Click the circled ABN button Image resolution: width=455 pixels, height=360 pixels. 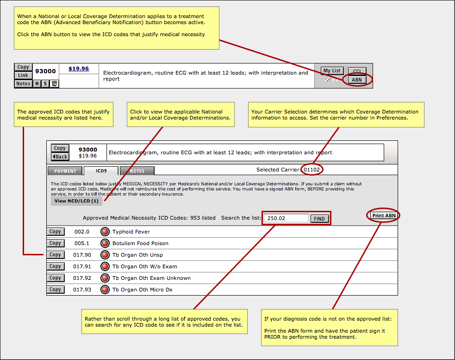[x=357, y=80]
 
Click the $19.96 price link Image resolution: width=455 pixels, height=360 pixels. [x=79, y=69]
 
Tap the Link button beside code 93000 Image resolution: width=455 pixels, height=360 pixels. [x=23, y=75]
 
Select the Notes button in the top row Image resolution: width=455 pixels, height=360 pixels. [x=23, y=84]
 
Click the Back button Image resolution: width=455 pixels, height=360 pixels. [x=60, y=157]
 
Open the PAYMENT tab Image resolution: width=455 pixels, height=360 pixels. [x=65, y=171]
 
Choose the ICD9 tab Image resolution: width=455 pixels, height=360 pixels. [x=101, y=171]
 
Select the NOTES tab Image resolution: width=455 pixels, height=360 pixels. [x=137, y=171]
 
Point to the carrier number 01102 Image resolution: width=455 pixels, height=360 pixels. [x=312, y=170]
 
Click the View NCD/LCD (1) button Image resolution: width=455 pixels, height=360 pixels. [x=77, y=201]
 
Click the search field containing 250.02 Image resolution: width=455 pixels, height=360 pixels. [x=286, y=218]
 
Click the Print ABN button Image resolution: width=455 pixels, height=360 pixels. [x=384, y=215]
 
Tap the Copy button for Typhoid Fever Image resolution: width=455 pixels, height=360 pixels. [x=56, y=232]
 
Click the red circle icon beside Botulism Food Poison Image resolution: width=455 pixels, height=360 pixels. [x=105, y=243]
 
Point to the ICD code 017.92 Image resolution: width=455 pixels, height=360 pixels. [x=82, y=278]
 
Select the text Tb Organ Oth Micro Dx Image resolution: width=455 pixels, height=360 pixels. [x=143, y=290]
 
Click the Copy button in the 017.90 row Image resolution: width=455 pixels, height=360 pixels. [x=56, y=255]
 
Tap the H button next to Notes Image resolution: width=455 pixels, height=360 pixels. [x=37, y=84]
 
